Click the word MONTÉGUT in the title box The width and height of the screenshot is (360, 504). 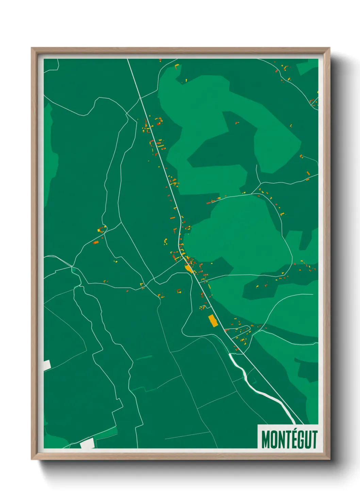289,439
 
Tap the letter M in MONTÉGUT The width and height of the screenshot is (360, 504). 265,440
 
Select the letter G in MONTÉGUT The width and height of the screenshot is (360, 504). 298,440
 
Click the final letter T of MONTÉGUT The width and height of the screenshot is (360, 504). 314,440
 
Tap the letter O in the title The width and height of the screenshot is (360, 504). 272,440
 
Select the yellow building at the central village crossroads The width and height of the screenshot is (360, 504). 188,268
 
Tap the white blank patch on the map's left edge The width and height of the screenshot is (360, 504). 47,365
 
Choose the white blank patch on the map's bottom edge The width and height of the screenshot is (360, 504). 87,443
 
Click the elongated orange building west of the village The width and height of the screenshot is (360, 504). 96,242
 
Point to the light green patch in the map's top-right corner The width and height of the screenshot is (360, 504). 308,67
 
